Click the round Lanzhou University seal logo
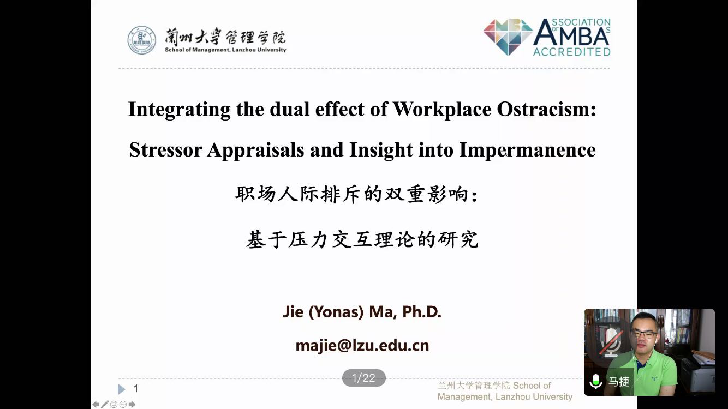[141, 40]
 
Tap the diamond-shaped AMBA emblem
[508, 37]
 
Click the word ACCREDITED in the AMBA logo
[572, 52]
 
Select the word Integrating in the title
[180, 110]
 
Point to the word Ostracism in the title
[546, 109]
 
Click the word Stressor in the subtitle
[166, 150]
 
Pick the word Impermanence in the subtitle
[528, 151]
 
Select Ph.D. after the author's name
[422, 311]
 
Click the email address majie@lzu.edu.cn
[362, 345]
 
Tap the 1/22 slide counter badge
[363, 378]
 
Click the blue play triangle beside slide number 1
[121, 389]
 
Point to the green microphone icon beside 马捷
[596, 381]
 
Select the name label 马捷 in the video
[619, 381]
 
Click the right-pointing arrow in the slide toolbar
[132, 405]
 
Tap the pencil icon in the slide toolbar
[105, 405]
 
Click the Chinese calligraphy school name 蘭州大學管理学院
[225, 37]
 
